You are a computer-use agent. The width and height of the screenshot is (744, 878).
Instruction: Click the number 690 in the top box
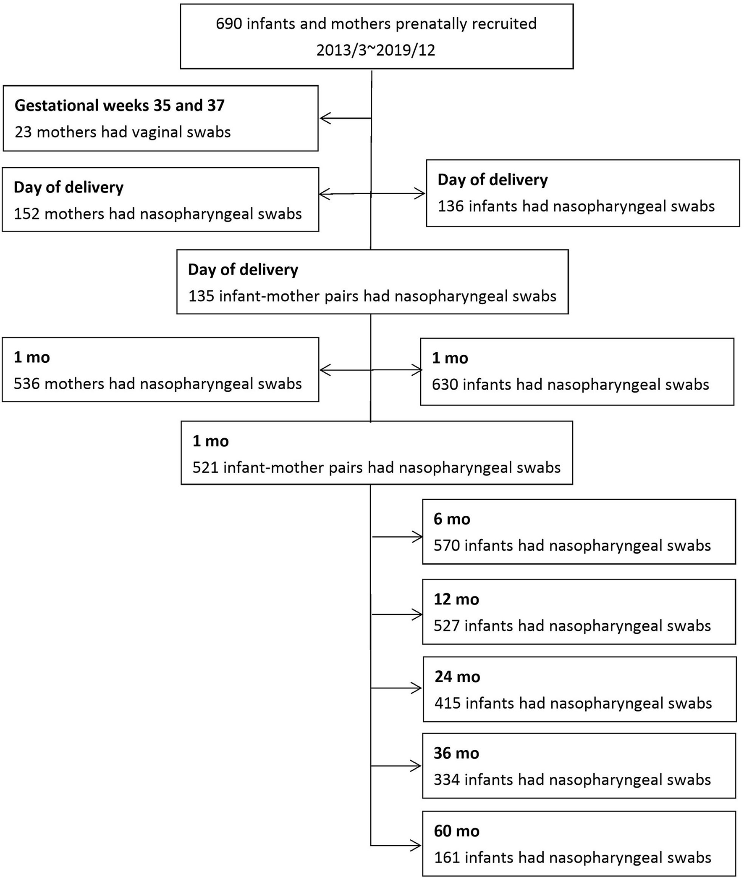coord(229,24)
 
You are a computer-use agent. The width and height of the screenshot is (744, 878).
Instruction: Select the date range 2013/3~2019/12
coord(375,50)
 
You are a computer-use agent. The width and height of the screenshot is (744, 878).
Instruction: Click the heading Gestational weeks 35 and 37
coord(119,105)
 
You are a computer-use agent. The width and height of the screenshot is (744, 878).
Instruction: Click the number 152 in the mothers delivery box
coord(26,214)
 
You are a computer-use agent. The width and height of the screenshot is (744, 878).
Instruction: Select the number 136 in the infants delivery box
coord(451,206)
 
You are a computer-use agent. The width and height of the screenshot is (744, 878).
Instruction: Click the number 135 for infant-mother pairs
coord(201,296)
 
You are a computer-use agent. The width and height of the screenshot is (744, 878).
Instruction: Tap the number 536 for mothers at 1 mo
coord(26,384)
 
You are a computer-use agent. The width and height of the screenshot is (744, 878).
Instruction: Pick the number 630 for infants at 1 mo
coord(445,385)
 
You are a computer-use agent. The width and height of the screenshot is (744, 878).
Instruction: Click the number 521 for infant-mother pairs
coord(205,468)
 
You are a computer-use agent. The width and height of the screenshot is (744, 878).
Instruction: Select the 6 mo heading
coord(452,519)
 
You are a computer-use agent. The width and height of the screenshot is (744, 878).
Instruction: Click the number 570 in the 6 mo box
coord(446,546)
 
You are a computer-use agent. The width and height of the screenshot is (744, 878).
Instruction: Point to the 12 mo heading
coord(456,599)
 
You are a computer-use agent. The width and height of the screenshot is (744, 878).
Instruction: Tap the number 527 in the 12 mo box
coord(446,625)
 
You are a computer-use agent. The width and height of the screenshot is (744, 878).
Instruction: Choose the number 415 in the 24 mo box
coord(447,703)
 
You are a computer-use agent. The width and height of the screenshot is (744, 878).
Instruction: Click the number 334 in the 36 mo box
coord(446,780)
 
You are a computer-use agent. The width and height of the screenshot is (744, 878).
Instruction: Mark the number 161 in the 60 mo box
coord(446,858)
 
